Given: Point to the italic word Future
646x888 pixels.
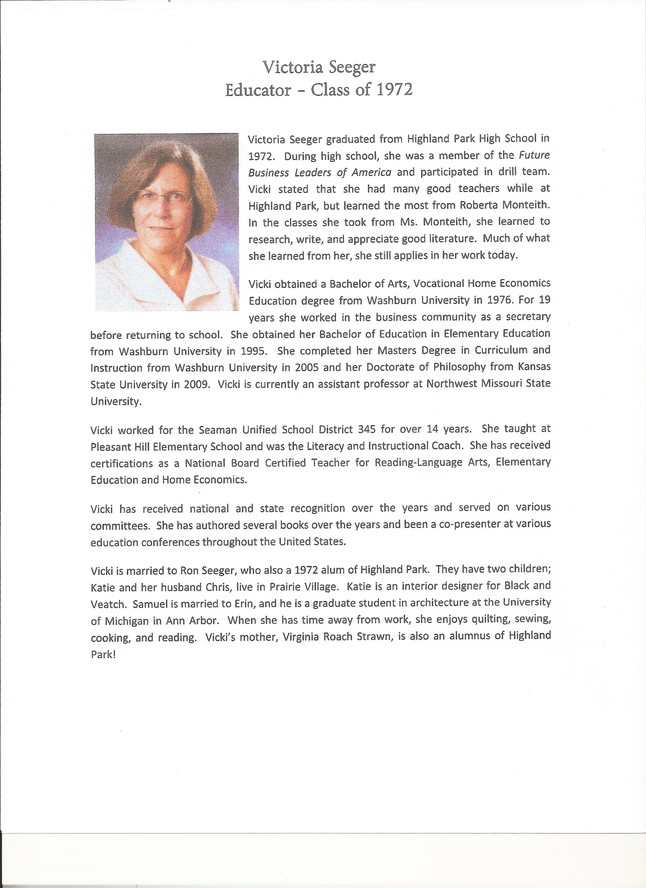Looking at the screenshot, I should (523, 155).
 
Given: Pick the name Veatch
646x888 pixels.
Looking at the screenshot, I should (111, 604).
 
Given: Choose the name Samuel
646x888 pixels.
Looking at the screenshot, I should (163, 604).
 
